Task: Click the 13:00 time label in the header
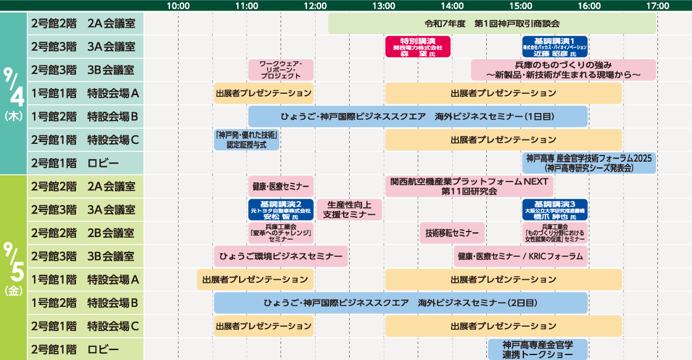pos(384,6)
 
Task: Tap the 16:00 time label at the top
pos(589,6)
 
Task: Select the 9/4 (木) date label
pos(13,93)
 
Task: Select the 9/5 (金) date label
pos(13,267)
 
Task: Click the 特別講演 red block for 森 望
pos(418,46)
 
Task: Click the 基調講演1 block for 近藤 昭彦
pos(554,46)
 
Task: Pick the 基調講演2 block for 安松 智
pos(281,209)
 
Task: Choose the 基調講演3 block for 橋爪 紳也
pos(554,209)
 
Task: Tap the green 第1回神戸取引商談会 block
pos(492,23)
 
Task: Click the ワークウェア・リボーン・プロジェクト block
pos(281,70)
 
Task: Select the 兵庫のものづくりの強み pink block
pos(563,70)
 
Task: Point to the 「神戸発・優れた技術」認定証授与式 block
pos(247,140)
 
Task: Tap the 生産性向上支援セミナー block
pos(349,209)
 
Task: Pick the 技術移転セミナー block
pos(452,233)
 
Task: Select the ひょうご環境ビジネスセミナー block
pos(281,256)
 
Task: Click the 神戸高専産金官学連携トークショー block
pos(538,350)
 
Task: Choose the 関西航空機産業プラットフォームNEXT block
pos(469,186)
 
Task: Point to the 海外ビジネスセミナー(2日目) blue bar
pos(400,303)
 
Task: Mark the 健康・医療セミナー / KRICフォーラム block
pos(520,256)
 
